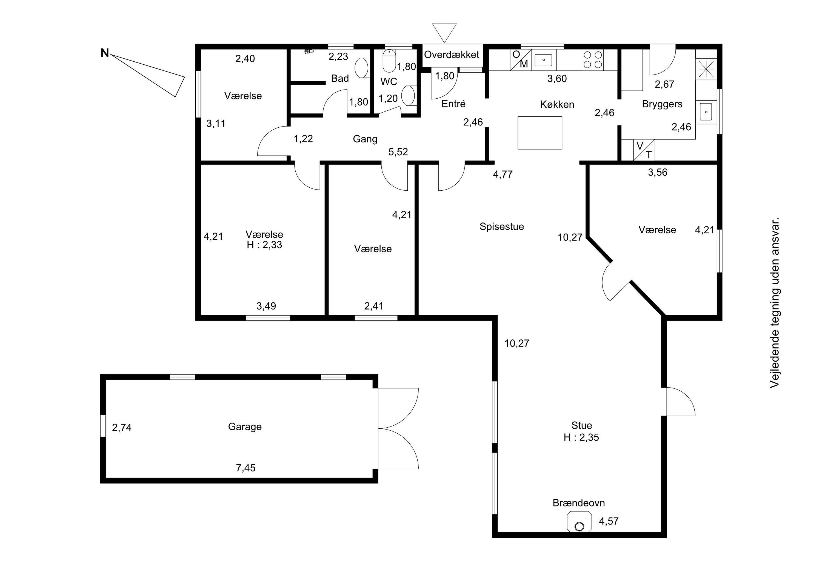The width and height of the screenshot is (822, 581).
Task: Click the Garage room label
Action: point(245,427)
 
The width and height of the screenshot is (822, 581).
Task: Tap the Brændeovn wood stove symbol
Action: point(579,522)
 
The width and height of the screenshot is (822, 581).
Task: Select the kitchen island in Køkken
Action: point(540,133)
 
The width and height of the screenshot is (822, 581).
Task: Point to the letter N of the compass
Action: point(105,53)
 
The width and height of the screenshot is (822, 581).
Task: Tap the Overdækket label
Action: point(452,55)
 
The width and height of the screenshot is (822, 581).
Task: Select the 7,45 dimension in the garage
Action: point(246,468)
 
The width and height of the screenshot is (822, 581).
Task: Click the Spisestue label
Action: point(502,227)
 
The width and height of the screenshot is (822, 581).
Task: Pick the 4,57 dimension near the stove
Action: point(609,521)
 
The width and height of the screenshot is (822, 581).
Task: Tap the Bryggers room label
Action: point(662,104)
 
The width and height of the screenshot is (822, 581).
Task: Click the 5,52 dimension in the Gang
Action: point(398,152)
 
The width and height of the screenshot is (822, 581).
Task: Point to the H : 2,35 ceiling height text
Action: point(581,437)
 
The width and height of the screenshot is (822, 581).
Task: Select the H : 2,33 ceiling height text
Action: point(265,245)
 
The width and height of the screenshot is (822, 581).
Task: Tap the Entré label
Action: point(453,104)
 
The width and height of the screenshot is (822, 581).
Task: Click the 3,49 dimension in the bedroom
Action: point(266,306)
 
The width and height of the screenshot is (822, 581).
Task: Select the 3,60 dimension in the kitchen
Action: point(557,78)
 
